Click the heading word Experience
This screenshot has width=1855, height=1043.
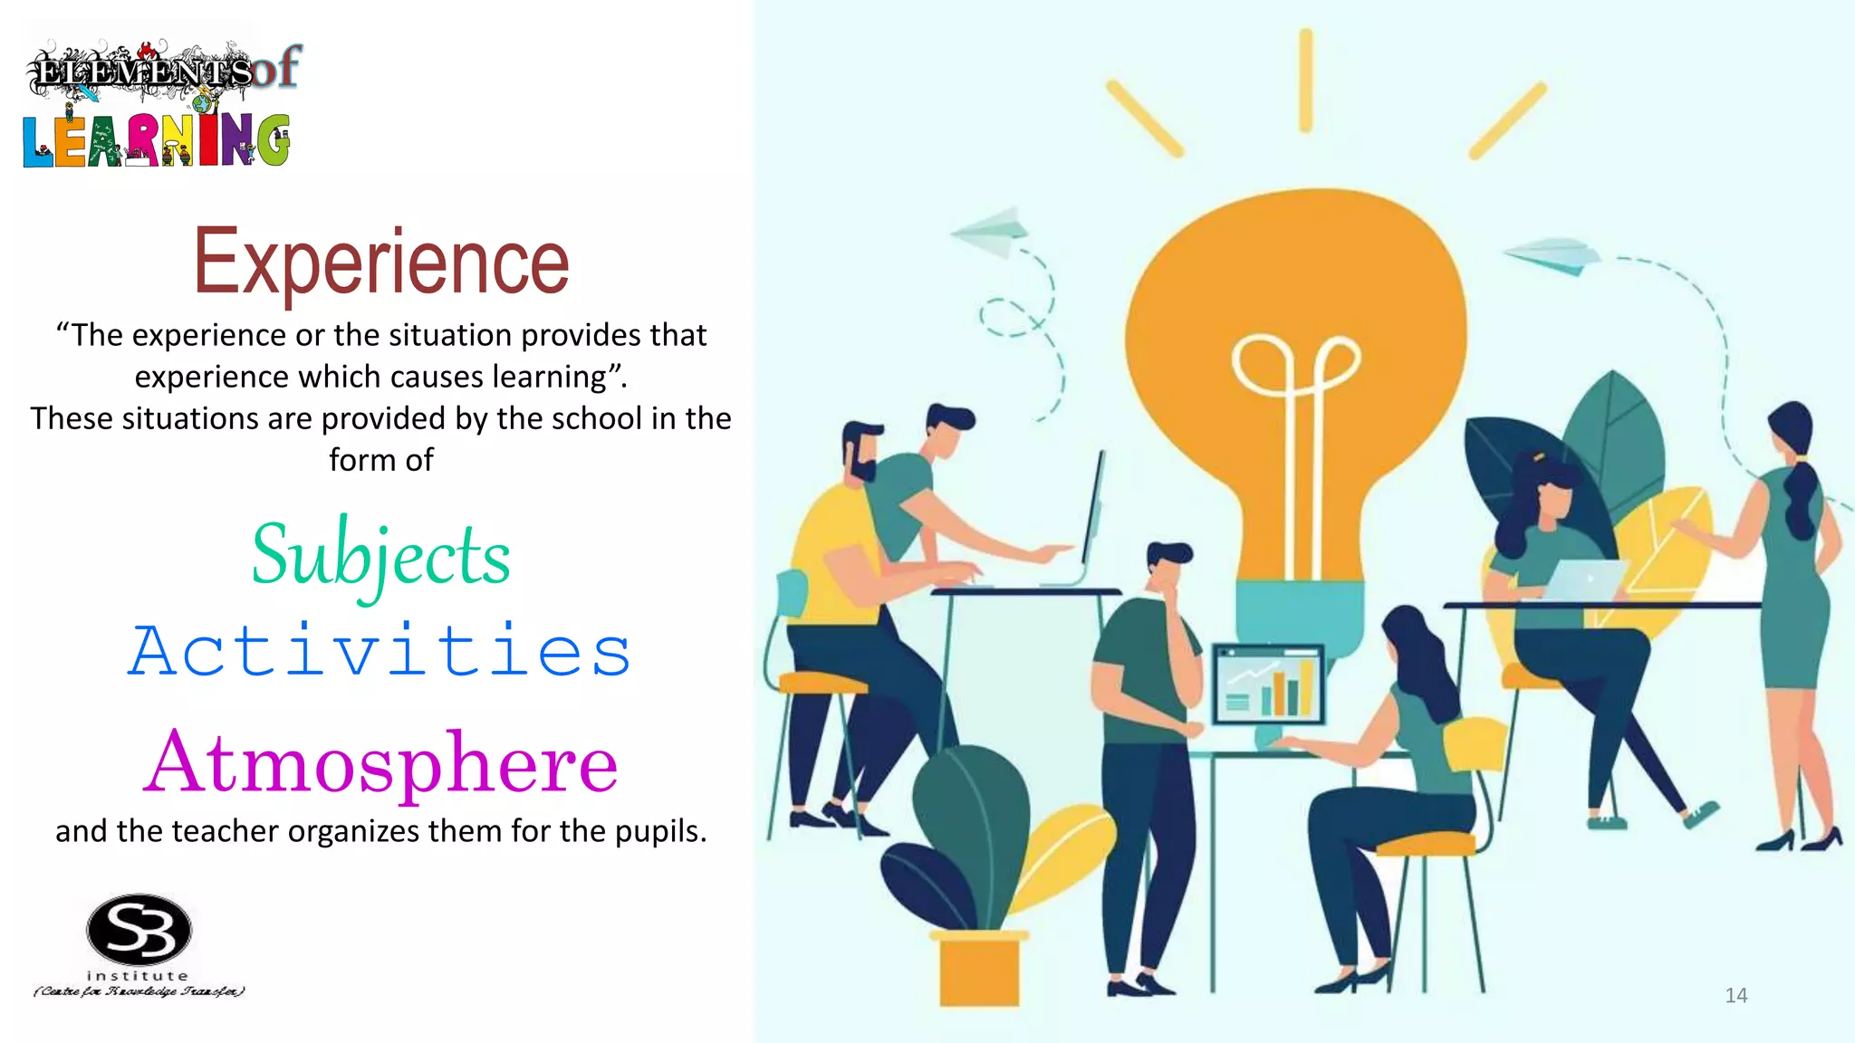click(381, 263)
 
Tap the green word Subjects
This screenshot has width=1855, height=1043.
click(380, 555)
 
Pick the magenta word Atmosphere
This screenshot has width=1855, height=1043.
click(380, 762)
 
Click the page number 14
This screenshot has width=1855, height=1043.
click(1735, 996)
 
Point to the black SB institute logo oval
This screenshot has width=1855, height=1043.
click(139, 931)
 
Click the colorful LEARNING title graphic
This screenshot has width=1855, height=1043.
click(156, 140)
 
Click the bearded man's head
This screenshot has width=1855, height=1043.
click(861, 452)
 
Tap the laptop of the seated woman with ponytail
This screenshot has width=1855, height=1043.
click(1583, 579)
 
